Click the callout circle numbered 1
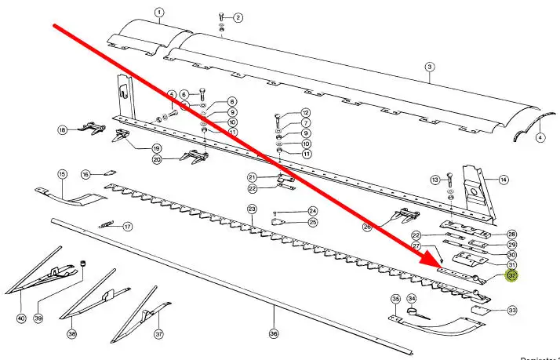159,13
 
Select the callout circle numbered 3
430,67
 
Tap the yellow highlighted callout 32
512,276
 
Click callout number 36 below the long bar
274,333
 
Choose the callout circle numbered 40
21,318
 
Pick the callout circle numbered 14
503,180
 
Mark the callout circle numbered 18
62,129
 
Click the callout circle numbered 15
62,173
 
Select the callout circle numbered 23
252,209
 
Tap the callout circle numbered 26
367,227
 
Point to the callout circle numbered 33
512,311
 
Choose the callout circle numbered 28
511,234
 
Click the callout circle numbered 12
305,112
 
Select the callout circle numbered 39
38,318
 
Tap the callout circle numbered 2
238,17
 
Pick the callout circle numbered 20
157,159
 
